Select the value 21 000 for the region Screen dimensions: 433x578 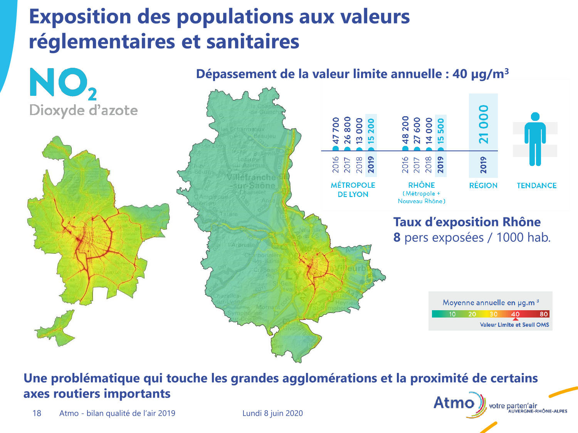coord(484,124)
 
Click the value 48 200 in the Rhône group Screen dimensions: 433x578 coord(405,130)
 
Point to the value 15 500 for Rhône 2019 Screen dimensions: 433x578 coord(441,131)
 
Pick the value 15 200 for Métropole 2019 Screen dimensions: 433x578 coord(371,131)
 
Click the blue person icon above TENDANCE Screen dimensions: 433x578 coord(535,139)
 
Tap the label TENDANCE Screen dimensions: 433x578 coord(536,186)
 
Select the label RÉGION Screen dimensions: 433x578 coord(483,186)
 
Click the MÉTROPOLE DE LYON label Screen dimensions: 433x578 coord(353,190)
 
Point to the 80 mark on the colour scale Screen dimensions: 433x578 coord(544,314)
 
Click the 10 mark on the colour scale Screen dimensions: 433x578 coord(452,314)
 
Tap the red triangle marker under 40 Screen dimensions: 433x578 coord(516,319)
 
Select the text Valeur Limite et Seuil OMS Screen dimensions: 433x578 coord(514,325)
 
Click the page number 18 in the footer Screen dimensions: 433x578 coord(37,413)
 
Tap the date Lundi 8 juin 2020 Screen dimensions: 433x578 coord(272,413)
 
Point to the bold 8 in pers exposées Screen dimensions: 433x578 coord(397,237)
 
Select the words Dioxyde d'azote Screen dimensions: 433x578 coord(84,110)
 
